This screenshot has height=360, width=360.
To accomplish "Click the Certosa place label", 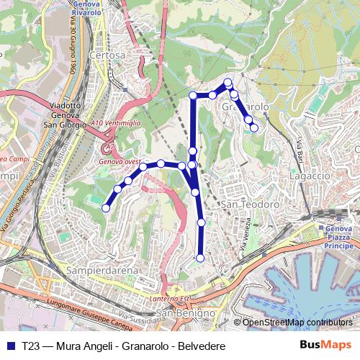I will click(x=107, y=55).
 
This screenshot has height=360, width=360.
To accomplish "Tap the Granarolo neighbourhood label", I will click(x=246, y=107).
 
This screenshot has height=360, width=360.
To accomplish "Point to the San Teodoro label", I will click(x=249, y=205).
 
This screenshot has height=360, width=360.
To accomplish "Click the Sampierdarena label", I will click(x=94, y=270).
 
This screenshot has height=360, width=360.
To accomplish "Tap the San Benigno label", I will click(x=186, y=314).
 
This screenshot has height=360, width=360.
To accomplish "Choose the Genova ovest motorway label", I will click(x=120, y=162).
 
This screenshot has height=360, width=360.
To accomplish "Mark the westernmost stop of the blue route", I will click(x=106, y=208).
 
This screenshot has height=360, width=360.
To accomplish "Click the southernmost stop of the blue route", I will click(x=200, y=258).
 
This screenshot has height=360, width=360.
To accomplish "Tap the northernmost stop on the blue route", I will click(x=228, y=82).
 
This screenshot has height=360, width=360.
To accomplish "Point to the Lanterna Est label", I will click(x=174, y=298).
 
